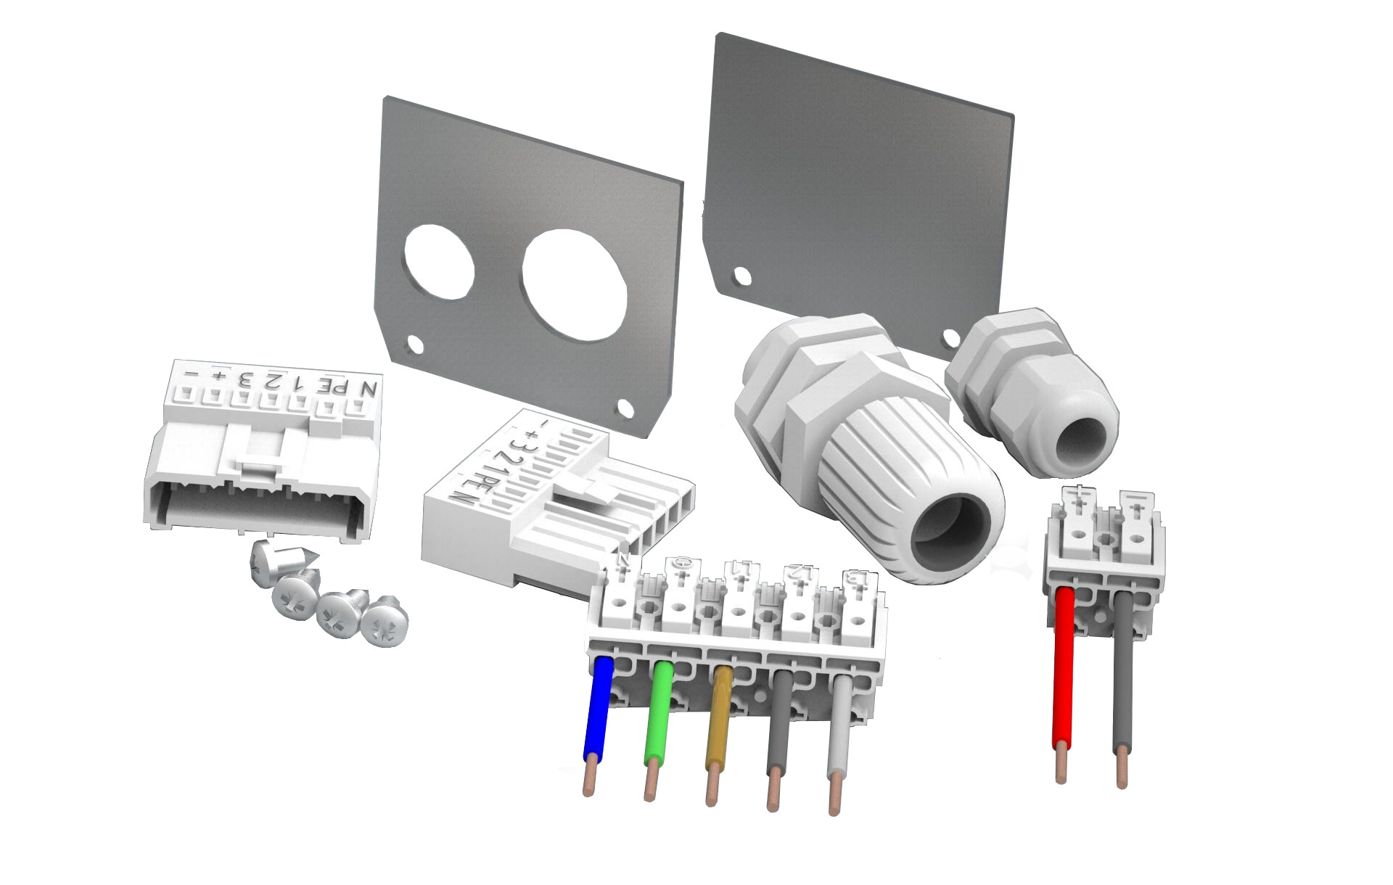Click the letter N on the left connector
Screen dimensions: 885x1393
[x=370, y=389]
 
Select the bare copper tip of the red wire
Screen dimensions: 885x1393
[x=1061, y=765]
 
